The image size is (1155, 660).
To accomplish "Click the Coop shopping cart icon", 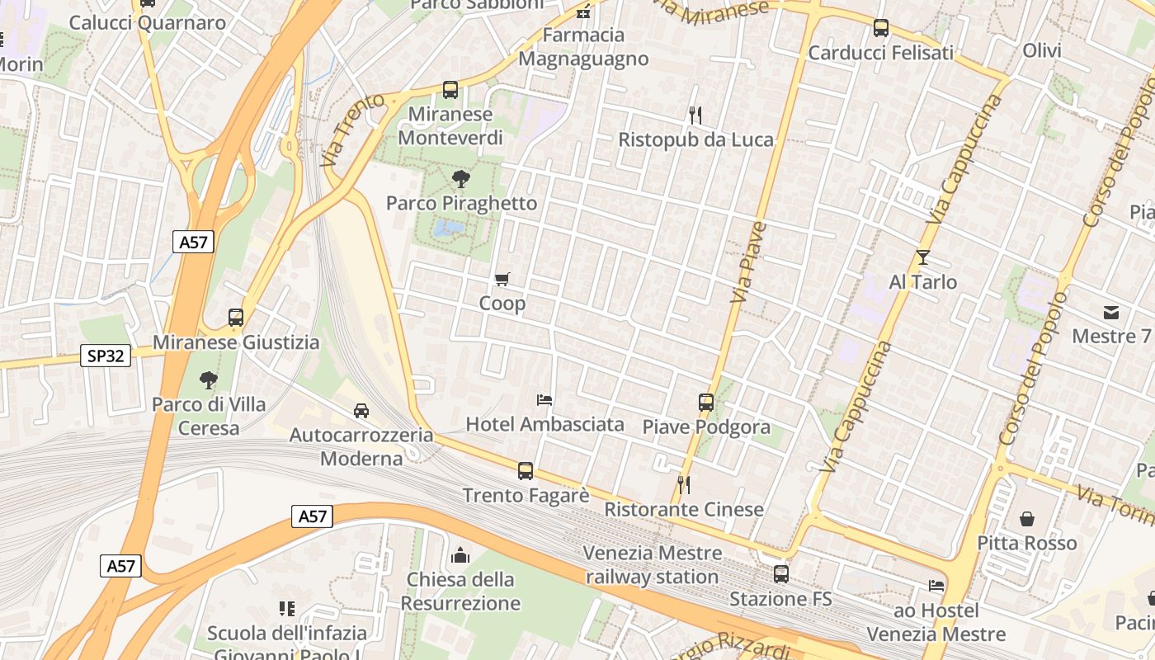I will pos(502,280).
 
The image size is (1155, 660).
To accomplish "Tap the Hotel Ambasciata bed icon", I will pos(544,400).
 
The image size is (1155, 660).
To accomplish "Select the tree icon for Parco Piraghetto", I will pos(461,178).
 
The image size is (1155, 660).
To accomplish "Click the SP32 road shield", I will pos(106,356).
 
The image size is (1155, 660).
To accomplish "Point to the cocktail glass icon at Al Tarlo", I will pos(922,257).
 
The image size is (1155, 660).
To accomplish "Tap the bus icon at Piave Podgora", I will pos(706,403).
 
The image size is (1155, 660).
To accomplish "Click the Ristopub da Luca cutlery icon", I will pos(695,115).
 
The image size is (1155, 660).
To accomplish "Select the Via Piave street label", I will pos(748,262).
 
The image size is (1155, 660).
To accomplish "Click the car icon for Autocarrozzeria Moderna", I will pos(361,410).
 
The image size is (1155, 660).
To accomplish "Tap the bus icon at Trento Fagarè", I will pos(526,471).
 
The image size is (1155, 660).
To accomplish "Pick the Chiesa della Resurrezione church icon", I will pos(460,555).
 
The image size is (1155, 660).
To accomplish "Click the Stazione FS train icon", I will pos(780,574).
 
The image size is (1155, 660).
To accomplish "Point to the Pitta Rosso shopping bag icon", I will pos(1027,519).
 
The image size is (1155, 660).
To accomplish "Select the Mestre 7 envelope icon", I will pos(1110,312).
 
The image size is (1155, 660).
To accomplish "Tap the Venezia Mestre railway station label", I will pos(652,564).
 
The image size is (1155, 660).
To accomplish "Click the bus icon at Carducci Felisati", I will pos(881,28).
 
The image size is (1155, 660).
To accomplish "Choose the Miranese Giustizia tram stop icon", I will pos(236,318).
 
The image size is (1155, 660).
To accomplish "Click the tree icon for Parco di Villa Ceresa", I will pos(209,380).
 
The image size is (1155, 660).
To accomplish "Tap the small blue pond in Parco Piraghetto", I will pos(448,229).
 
